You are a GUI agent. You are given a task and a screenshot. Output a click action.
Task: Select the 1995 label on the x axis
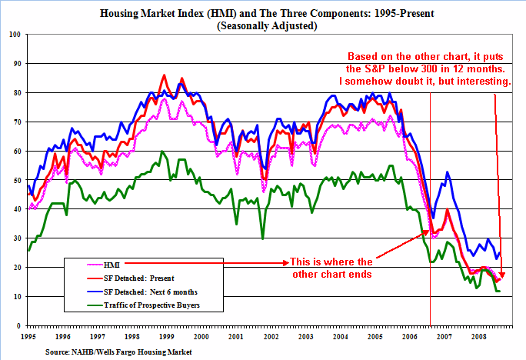tap(28, 338)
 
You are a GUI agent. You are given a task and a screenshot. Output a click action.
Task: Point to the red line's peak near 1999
tap(164, 75)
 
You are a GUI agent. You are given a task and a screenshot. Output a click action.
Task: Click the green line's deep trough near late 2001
tap(263, 238)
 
